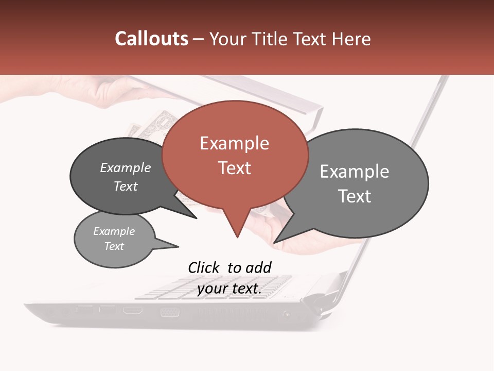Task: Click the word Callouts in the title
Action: pyautogui.click(x=151, y=39)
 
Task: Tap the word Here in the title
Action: pyautogui.click(x=351, y=39)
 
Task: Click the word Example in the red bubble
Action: pyautogui.click(x=234, y=143)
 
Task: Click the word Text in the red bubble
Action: pyautogui.click(x=234, y=168)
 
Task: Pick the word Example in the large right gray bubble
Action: pyautogui.click(x=355, y=172)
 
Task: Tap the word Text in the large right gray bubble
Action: pyautogui.click(x=355, y=196)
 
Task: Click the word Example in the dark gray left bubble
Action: pyautogui.click(x=125, y=168)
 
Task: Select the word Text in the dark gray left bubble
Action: pyautogui.click(x=125, y=186)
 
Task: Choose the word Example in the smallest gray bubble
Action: pyautogui.click(x=114, y=231)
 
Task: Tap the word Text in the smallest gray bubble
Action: pyautogui.click(x=114, y=246)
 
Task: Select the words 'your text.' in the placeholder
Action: pyautogui.click(x=229, y=289)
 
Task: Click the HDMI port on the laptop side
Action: pyautogui.click(x=132, y=311)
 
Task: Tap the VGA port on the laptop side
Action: pyautogui.click(x=169, y=312)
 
